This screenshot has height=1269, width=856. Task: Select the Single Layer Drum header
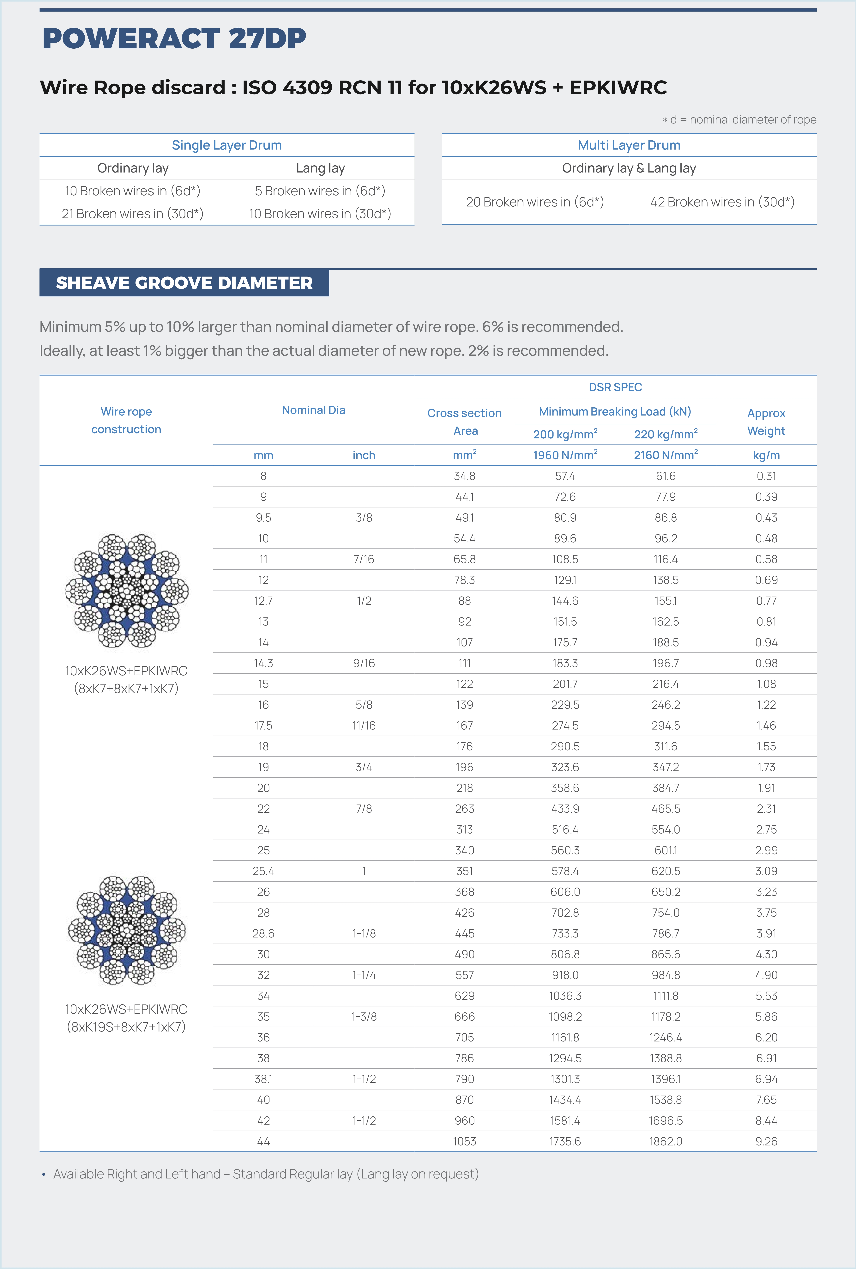(x=226, y=145)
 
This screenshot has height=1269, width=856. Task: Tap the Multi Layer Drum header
(x=629, y=145)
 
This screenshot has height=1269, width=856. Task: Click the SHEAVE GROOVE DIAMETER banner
(x=184, y=283)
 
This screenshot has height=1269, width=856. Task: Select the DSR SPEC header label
(x=615, y=387)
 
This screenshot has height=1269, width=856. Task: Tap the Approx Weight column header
(x=766, y=422)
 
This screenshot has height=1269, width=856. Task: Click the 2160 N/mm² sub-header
(x=666, y=455)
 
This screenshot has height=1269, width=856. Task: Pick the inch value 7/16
(x=364, y=559)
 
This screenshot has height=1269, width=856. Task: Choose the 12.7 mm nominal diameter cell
(x=263, y=601)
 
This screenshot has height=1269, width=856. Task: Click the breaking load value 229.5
(x=565, y=705)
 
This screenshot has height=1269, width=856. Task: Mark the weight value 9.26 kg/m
(x=766, y=1141)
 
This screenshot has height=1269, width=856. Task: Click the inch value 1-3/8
(x=364, y=1017)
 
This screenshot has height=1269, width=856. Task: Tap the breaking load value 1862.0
(x=666, y=1141)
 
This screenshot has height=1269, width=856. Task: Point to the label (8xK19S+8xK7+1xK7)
(x=126, y=1027)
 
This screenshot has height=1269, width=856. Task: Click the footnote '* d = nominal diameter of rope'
(x=740, y=120)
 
